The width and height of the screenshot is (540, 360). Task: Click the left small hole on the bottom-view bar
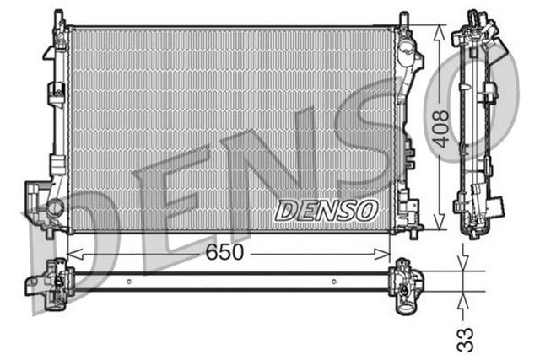[127, 282]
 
